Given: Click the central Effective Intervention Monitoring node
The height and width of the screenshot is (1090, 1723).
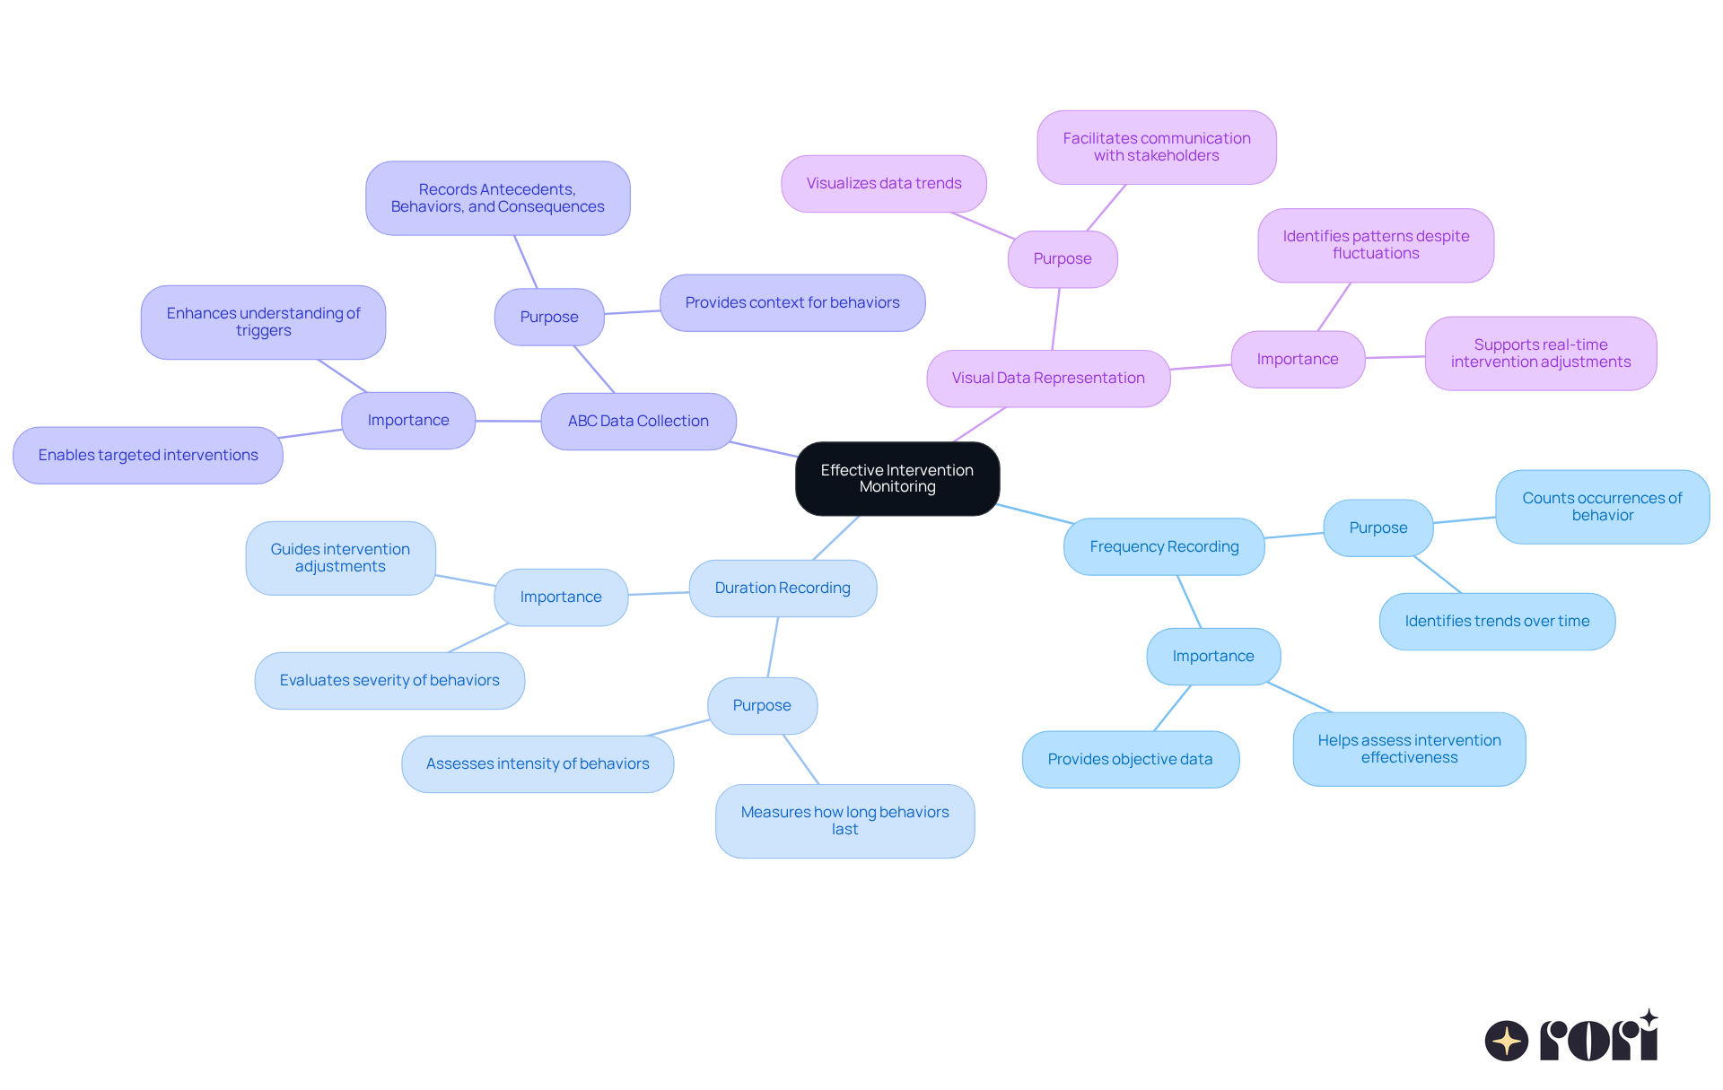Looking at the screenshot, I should (x=896, y=478).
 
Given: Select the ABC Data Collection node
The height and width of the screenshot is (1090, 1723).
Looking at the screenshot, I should (x=638, y=421).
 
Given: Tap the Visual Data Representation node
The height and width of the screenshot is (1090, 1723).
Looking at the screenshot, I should (x=1047, y=378).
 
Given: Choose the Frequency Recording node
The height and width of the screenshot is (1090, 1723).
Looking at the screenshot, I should (x=1164, y=546).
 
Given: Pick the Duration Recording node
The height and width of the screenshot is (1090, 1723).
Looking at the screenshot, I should (x=782, y=588).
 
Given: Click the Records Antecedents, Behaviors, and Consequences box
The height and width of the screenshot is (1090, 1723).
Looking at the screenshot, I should (x=497, y=198).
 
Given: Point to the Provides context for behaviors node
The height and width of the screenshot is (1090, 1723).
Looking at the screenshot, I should (x=792, y=302).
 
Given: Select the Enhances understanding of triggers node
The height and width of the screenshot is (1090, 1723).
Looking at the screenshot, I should (x=263, y=322).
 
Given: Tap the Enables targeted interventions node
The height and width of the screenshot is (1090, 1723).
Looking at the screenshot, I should (x=148, y=455).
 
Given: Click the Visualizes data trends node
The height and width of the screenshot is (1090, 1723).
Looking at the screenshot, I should (x=883, y=183).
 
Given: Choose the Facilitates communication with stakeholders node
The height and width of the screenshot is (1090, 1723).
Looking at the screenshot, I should (x=1156, y=147).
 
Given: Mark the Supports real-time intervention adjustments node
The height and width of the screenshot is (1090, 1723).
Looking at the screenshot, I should (x=1540, y=353).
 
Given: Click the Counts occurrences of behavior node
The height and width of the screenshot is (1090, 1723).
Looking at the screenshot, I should (x=1602, y=507).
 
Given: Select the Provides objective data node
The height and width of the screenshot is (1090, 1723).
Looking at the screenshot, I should (x=1130, y=759).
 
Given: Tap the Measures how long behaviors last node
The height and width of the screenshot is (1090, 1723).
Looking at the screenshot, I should (x=844, y=821).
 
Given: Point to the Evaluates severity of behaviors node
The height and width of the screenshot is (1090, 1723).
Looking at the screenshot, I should (x=389, y=680).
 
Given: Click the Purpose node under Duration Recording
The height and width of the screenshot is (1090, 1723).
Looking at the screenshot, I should (x=762, y=705).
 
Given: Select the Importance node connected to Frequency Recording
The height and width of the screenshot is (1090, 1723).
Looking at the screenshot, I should (x=1212, y=656).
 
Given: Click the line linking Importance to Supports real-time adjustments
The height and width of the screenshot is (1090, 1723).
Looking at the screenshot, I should (x=1395, y=357).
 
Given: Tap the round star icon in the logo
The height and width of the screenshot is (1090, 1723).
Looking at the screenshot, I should (x=1506, y=1041).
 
